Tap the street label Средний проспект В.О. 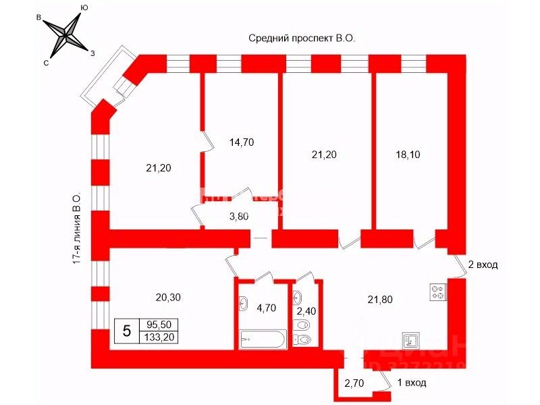(x=301, y=40)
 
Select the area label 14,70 (x=242, y=142)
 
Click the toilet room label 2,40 (x=307, y=312)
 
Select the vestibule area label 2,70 (x=355, y=383)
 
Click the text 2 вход (x=482, y=265)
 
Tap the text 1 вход (x=411, y=383)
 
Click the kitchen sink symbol (x=411, y=340)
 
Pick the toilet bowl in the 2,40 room (x=304, y=339)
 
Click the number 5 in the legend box (x=126, y=331)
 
